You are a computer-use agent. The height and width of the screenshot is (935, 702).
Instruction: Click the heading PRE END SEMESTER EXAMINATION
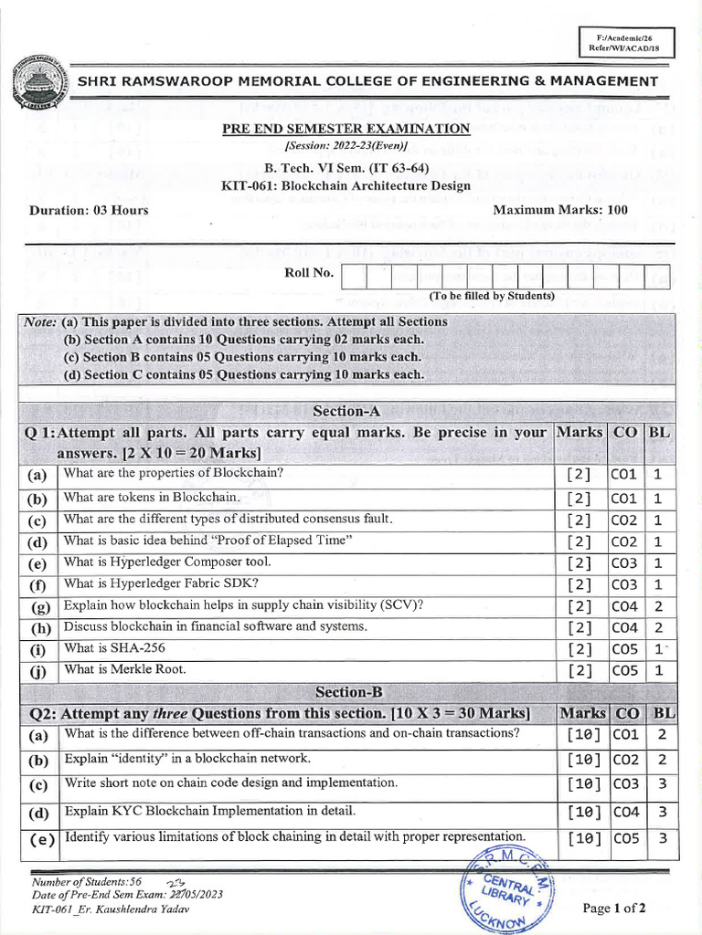[346, 130]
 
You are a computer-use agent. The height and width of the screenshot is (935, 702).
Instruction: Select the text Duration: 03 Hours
[89, 210]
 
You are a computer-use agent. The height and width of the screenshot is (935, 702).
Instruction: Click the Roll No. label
[309, 272]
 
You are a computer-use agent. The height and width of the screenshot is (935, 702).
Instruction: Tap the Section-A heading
[346, 412]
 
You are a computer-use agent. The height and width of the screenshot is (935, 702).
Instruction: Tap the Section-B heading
[346, 692]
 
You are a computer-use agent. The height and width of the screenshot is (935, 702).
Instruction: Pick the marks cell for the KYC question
[583, 812]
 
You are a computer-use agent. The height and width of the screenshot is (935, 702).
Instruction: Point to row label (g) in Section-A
[40, 606]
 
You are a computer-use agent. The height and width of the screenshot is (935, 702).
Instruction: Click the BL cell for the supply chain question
[658, 606]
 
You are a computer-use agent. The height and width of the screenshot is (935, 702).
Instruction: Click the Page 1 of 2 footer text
[613, 908]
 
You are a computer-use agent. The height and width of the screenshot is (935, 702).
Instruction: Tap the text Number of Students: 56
[87, 882]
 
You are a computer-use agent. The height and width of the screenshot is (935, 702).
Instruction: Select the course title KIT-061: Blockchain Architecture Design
[346, 185]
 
